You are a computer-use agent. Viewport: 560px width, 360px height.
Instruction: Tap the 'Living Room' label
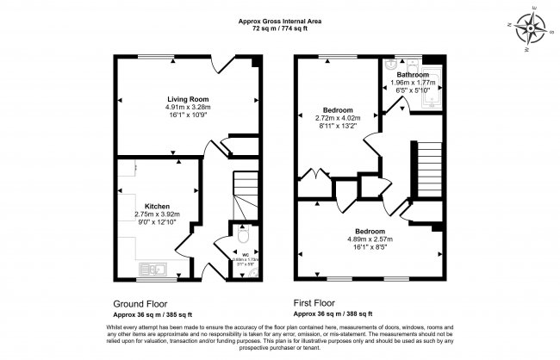[x=187, y=99]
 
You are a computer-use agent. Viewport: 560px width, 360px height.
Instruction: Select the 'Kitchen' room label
[x=157, y=206]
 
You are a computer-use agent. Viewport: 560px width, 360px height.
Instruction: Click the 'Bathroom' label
[x=413, y=75]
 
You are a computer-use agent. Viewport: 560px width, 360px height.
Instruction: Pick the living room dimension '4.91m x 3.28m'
[x=187, y=108]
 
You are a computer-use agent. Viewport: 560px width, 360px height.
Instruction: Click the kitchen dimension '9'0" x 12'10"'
[x=157, y=222]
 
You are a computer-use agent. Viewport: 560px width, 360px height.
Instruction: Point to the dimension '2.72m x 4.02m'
[x=337, y=118]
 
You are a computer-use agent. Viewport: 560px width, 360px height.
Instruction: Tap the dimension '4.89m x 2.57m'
[x=369, y=239]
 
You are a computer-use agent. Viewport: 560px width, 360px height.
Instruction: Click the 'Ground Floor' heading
[x=141, y=303]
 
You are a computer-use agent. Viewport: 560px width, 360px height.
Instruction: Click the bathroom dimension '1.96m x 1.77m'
[x=413, y=83]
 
